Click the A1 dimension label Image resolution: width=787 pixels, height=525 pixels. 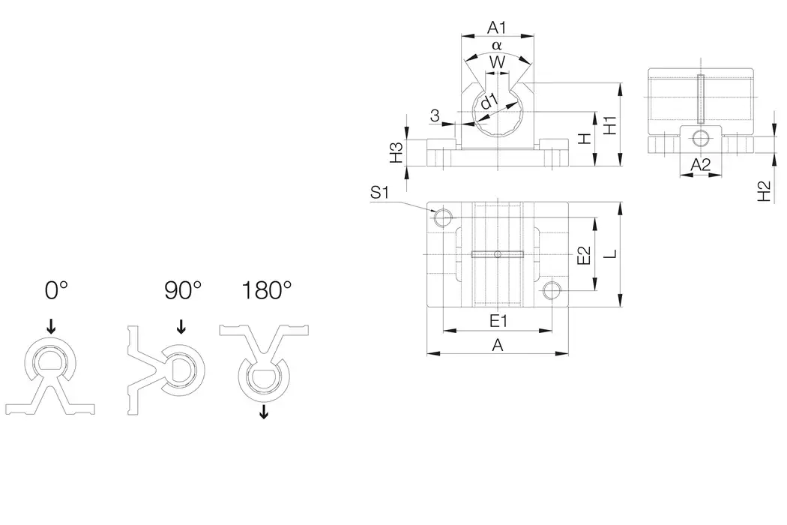pyautogui.click(x=497, y=28)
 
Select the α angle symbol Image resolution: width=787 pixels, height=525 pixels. pyautogui.click(x=496, y=46)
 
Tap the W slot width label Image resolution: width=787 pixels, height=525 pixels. pyautogui.click(x=496, y=63)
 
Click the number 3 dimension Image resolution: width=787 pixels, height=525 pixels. pyautogui.click(x=434, y=115)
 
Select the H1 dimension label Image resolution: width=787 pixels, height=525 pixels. pyautogui.click(x=610, y=124)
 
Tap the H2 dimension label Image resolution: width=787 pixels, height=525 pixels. pyautogui.click(x=764, y=192)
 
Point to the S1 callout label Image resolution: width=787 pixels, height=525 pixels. pyautogui.click(x=380, y=193)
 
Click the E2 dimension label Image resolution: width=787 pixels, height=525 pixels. pyautogui.click(x=585, y=256)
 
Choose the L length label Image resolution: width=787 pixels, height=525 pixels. pyautogui.click(x=611, y=255)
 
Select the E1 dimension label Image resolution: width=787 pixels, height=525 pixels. pyautogui.click(x=498, y=321)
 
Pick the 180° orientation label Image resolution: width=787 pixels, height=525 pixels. pyautogui.click(x=266, y=290)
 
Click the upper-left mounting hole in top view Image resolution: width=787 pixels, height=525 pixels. pyautogui.click(x=443, y=218)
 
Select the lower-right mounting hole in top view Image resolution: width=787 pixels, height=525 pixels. pyautogui.click(x=552, y=290)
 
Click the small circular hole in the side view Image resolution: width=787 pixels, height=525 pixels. pyautogui.click(x=700, y=138)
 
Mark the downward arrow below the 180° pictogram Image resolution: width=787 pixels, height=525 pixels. pyautogui.click(x=263, y=412)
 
